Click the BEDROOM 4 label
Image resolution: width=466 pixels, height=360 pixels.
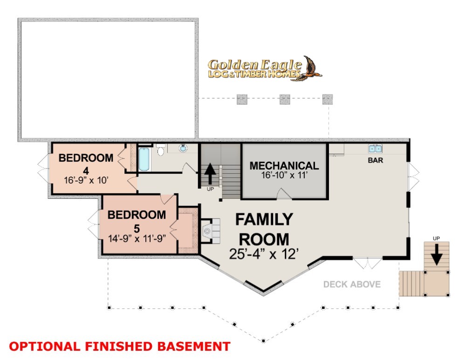point(86,164)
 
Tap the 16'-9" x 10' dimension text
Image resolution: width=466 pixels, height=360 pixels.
point(86,180)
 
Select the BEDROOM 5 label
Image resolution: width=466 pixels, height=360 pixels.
point(137,221)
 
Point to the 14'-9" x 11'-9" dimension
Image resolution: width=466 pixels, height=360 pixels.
point(137,238)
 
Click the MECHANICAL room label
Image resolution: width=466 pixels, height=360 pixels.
point(284,166)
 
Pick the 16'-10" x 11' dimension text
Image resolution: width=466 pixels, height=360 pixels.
point(284,175)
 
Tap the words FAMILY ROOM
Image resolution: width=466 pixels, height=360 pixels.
point(264,229)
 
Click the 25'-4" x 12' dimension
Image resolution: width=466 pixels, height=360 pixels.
point(264,254)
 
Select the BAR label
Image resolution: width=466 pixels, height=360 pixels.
point(375,160)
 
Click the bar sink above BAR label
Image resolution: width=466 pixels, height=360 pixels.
point(375,149)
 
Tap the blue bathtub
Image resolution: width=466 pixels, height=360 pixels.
point(144,159)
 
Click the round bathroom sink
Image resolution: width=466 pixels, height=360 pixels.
point(183,148)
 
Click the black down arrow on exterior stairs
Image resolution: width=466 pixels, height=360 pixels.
point(436,254)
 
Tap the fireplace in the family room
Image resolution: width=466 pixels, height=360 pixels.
point(211,231)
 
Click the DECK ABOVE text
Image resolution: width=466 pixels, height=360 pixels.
point(352,285)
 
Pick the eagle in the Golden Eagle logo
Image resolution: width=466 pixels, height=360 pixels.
point(310,68)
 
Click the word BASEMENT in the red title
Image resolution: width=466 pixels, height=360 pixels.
point(194,346)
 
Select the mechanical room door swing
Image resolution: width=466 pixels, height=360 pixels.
point(283,193)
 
